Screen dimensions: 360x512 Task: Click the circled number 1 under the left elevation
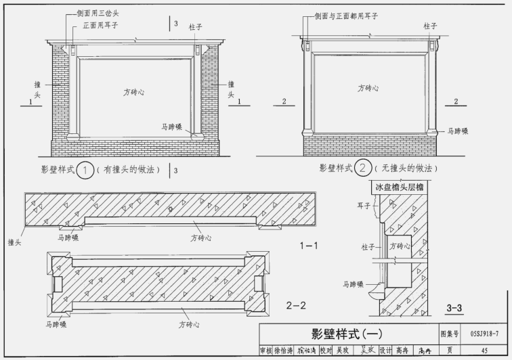[x=85, y=170]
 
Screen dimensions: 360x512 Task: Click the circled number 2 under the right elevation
[x=364, y=168]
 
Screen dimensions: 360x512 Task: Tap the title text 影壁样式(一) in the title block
[x=346, y=334]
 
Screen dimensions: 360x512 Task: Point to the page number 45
[x=484, y=351]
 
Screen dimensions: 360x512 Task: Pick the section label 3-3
[x=454, y=309]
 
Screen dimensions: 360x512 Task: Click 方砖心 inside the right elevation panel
[x=368, y=88]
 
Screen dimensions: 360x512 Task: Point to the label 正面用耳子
[x=101, y=25]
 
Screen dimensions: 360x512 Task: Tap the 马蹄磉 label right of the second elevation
[x=458, y=131]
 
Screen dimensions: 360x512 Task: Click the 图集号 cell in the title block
[x=449, y=334]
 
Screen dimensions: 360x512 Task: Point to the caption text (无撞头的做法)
[x=406, y=168]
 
